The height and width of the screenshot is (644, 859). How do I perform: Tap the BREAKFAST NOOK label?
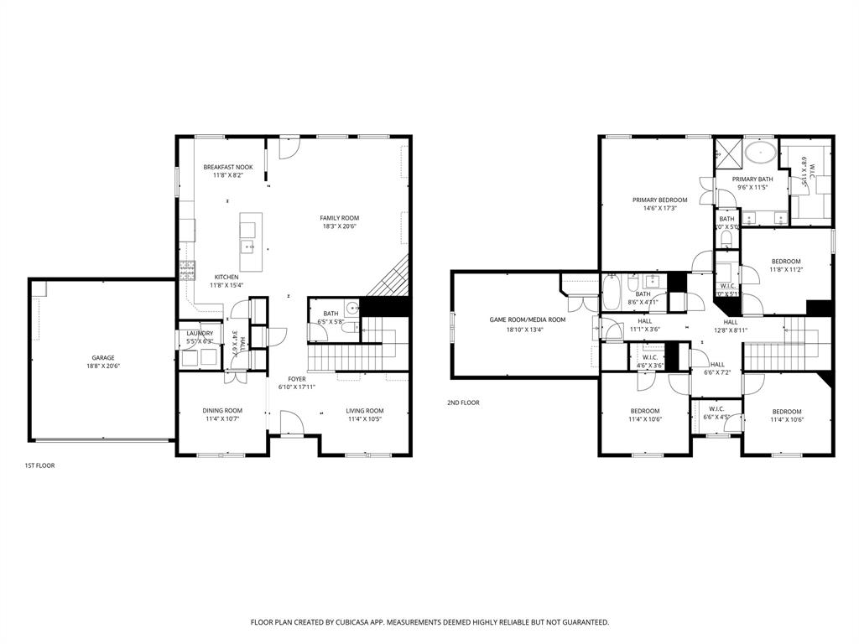coord(227,167)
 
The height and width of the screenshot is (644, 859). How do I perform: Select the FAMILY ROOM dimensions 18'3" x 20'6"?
coord(339,226)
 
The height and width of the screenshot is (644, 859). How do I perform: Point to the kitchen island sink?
coord(247,246)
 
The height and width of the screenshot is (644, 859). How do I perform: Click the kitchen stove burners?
coord(186,270)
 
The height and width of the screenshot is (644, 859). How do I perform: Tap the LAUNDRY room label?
coord(200,333)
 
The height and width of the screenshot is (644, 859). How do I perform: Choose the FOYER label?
coord(298,378)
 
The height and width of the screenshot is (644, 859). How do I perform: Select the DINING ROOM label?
coord(222,410)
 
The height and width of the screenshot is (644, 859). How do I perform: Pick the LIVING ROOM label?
coord(365,410)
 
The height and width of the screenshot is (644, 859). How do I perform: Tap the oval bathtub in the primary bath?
coord(761,153)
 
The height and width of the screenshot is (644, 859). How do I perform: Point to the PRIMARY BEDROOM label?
coord(659,200)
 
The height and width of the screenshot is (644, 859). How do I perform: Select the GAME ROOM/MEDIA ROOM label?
coord(528,319)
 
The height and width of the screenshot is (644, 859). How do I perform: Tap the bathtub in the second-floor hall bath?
coord(612,293)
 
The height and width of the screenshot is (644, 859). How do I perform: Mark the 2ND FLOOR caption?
coord(463,402)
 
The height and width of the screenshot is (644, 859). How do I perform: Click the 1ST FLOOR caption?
coord(39,465)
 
